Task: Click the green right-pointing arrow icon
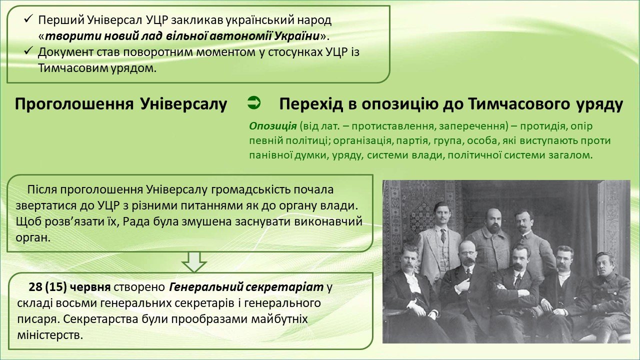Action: (x=254, y=103)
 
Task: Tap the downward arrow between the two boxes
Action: (x=194, y=261)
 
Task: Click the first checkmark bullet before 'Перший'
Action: (x=28, y=19)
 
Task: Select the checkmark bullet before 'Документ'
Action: (x=28, y=51)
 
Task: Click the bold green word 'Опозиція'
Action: (x=273, y=126)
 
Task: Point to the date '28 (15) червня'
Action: (x=69, y=287)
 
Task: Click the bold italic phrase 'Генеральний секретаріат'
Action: (x=246, y=287)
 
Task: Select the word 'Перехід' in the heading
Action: (x=311, y=104)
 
